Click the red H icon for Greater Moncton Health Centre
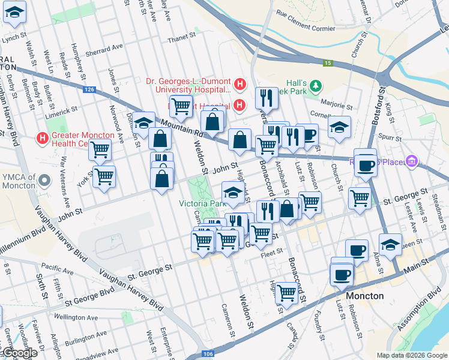click(x=43, y=138)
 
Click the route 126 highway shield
click(x=89, y=89)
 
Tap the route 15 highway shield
click(x=327, y=62)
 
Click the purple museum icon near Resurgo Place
click(x=411, y=161)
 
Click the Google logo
click(x=19, y=353)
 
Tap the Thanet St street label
click(x=178, y=39)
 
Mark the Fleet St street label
click(x=271, y=255)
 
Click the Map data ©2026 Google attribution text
click(x=412, y=355)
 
